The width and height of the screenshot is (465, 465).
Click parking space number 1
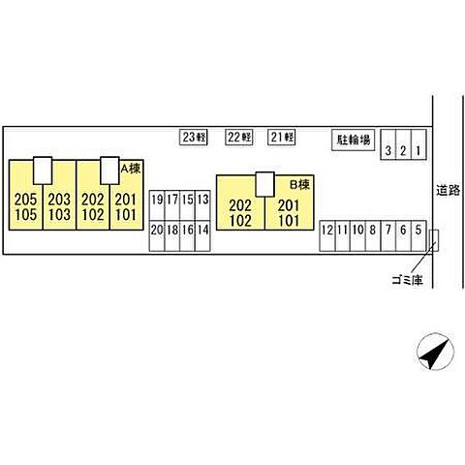(418, 144)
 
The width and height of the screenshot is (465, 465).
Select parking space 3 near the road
(388, 144)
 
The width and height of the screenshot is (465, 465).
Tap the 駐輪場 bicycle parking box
(354, 139)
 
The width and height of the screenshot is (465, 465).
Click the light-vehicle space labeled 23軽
(194, 138)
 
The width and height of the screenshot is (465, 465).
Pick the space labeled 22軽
(239, 138)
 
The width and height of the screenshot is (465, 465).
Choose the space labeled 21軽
(282, 138)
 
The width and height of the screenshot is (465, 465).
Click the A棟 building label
(131, 169)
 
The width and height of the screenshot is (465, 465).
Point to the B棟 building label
(299, 184)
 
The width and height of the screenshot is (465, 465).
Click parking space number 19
(157, 205)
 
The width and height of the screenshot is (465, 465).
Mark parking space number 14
(202, 236)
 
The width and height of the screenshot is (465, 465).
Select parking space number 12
(327, 236)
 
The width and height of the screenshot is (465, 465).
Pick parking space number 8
(373, 236)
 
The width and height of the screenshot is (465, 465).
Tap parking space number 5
(418, 236)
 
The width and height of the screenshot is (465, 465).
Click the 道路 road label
(449, 191)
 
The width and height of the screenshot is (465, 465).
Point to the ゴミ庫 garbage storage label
(408, 280)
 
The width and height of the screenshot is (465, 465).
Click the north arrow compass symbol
(435, 352)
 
